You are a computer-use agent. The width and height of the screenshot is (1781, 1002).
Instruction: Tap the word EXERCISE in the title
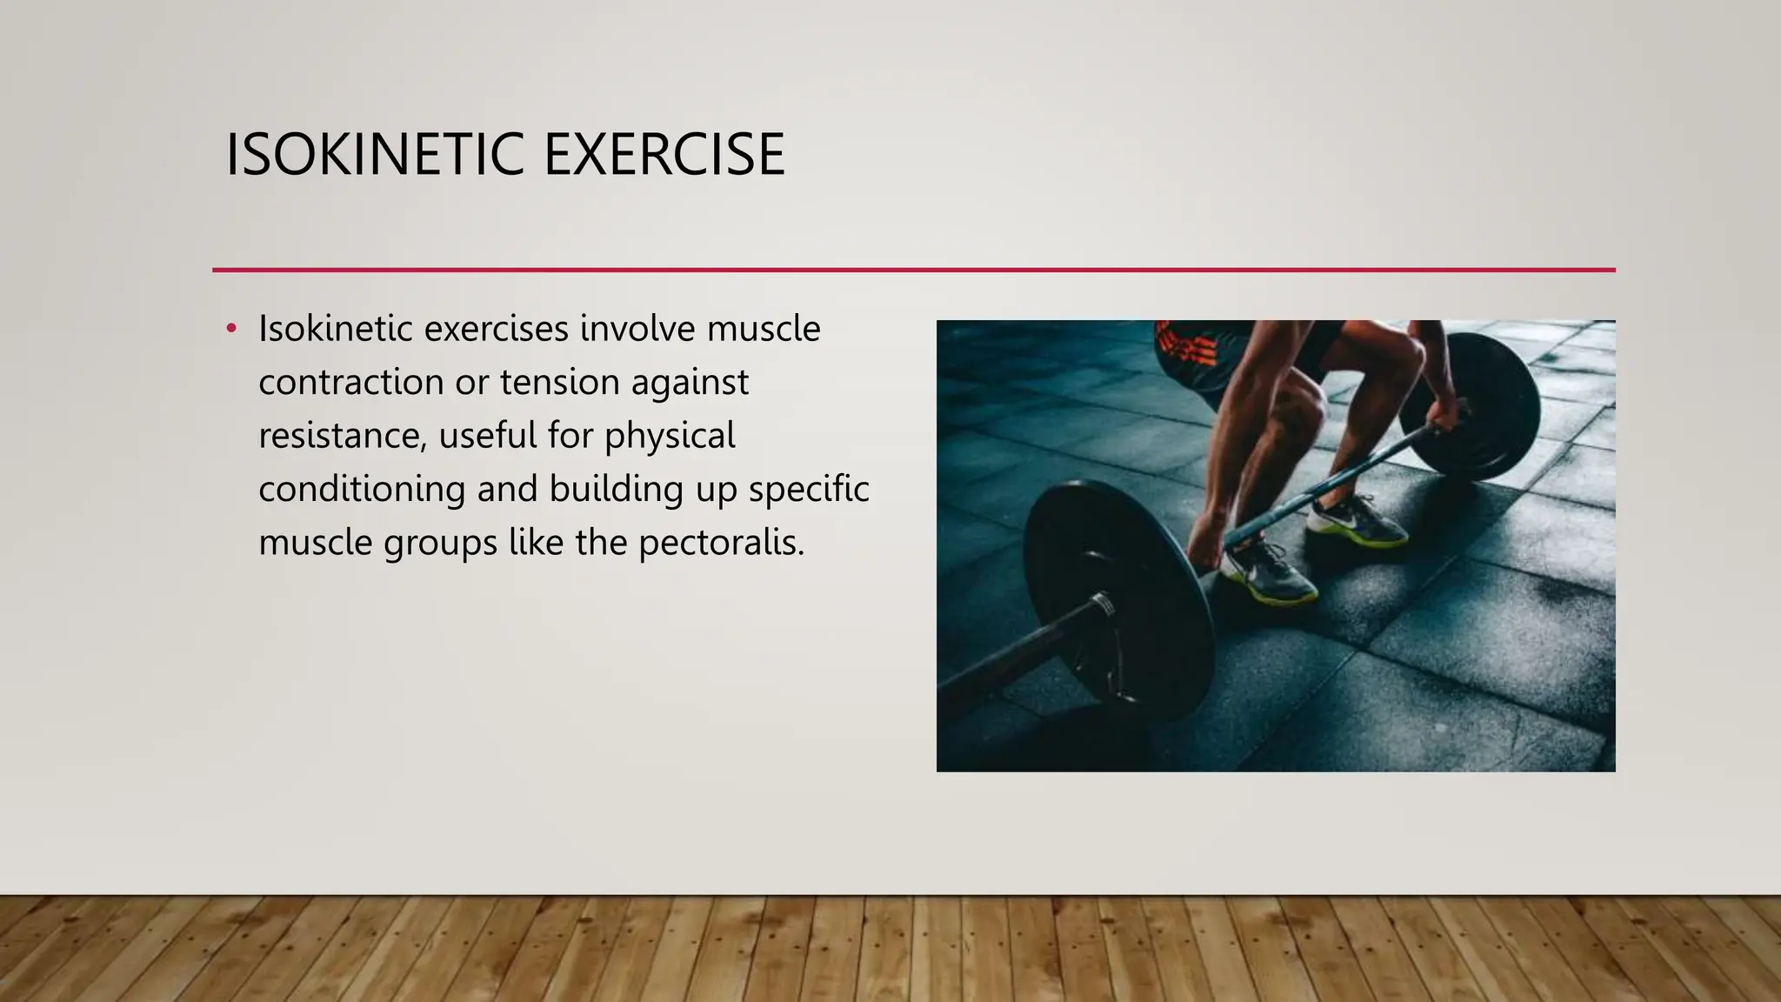point(664,155)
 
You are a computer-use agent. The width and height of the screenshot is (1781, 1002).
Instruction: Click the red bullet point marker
point(231,329)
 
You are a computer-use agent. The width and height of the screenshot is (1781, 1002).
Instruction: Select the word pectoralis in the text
point(720,542)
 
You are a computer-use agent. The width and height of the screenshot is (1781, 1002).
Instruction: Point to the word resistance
point(343,436)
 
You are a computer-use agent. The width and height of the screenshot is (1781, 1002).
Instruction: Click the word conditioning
point(361,489)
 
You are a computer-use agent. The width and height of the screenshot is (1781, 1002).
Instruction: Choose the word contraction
point(350,383)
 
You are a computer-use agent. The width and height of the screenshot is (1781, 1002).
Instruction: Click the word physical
point(670,436)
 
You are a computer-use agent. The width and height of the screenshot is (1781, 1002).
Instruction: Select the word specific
point(808,489)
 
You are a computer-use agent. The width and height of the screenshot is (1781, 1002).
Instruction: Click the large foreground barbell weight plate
point(1117,600)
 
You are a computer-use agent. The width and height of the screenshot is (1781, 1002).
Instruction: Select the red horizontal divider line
point(913,271)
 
